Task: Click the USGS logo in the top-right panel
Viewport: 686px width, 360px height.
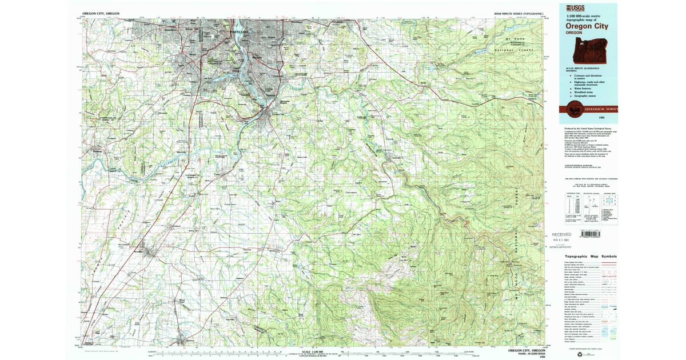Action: (x=575, y=7)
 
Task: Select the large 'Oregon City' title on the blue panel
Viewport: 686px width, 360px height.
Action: (x=587, y=26)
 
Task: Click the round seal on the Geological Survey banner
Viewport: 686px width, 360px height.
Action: (x=573, y=109)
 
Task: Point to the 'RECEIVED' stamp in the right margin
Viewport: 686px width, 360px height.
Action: (x=561, y=234)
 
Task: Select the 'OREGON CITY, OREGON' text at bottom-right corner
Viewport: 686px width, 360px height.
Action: (x=527, y=349)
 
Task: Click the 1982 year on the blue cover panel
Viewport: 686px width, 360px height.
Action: (x=602, y=118)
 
